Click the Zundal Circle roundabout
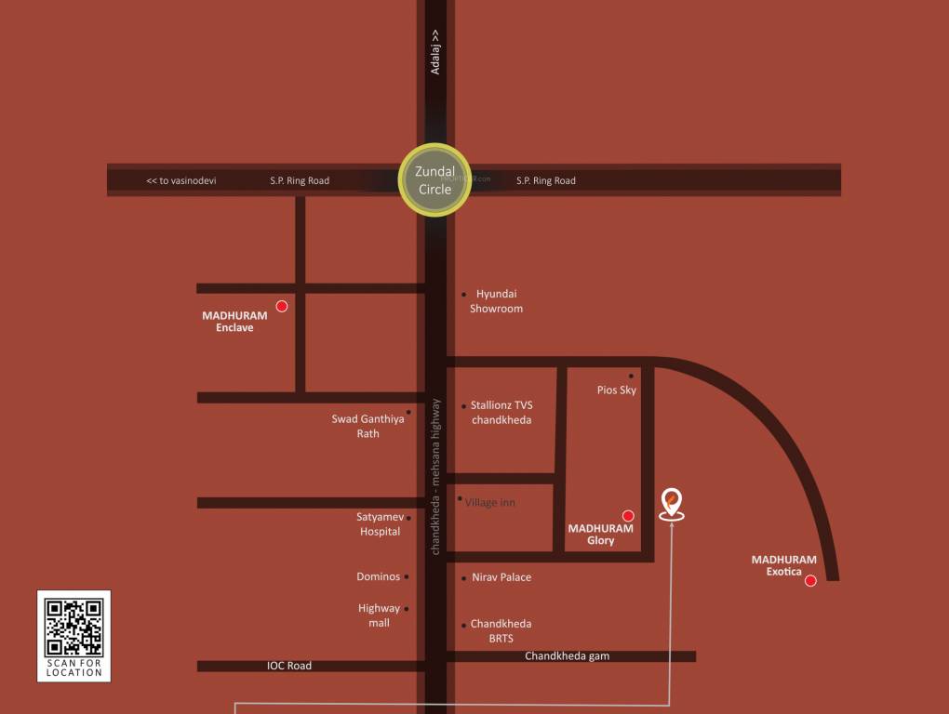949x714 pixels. pos(434,179)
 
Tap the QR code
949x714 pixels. pos(74,628)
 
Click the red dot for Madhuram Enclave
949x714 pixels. pos(282,306)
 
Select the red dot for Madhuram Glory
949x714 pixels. pos(628,515)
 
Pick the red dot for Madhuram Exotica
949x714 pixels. pos(810,581)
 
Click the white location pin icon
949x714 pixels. pos(670,504)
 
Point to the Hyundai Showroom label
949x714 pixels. pos(496,301)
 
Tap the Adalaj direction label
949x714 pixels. pos(435,52)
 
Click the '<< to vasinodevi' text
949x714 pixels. pos(180,180)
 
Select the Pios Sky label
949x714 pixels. pos(617,390)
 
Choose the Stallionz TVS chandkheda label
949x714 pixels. pos(501,413)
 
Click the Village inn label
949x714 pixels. pos(489,503)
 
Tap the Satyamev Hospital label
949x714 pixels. pos(380,524)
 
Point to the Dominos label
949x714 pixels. pos(378,576)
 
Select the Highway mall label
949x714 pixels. pos(379,615)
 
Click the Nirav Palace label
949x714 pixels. pos(501,577)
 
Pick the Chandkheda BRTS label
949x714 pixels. pos(501,631)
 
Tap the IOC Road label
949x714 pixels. pos(289,666)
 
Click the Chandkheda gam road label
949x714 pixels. pos(567,656)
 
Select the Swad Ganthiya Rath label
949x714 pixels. pos(368,426)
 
